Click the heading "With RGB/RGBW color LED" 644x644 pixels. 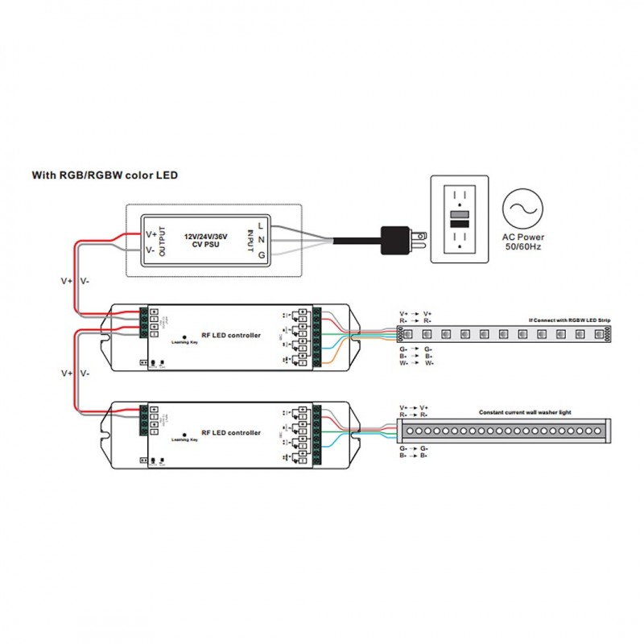105,175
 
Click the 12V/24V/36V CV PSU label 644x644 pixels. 206,242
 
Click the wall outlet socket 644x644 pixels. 459,219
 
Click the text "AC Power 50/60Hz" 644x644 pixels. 524,242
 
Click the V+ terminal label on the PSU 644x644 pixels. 151,233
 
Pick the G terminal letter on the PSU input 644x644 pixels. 261,255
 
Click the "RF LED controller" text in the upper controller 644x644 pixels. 231,335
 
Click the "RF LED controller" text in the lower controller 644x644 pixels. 231,432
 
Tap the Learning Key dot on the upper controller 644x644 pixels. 184,336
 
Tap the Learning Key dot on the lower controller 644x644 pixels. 184,433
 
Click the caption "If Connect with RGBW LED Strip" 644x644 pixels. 570,320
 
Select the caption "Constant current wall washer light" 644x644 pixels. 525,411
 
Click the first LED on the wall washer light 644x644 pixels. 410,431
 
